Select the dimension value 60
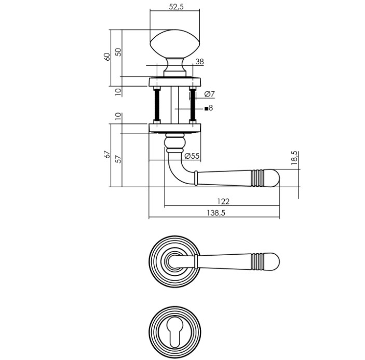click(107, 57)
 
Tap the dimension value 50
click(118, 52)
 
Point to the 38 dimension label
click(199, 62)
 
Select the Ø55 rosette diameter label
click(192, 156)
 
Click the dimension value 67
click(107, 155)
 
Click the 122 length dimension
click(223, 201)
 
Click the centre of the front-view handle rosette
click(174, 260)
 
